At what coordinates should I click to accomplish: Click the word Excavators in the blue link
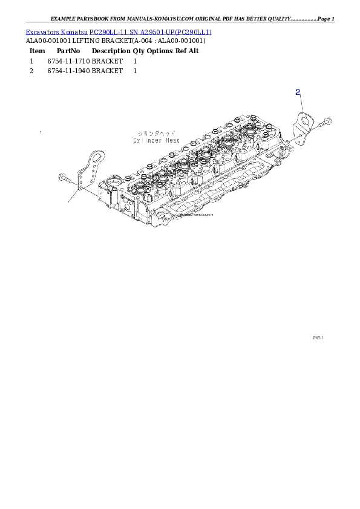[x=41, y=31]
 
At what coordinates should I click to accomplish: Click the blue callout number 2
[x=298, y=92]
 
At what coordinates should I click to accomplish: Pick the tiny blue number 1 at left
[x=41, y=132]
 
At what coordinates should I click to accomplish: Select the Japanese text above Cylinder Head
[x=157, y=132]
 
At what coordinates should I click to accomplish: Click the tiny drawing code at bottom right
[x=317, y=339]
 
